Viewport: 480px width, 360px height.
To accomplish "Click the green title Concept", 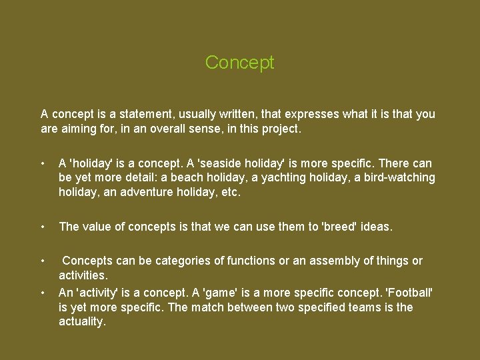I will pyautogui.click(x=239, y=63).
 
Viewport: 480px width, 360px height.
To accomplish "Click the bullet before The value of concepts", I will pyautogui.click(x=43, y=227).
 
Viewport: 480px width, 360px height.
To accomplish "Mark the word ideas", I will pyautogui.click(x=377, y=227).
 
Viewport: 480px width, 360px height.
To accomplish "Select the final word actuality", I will pyautogui.click(x=82, y=322).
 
